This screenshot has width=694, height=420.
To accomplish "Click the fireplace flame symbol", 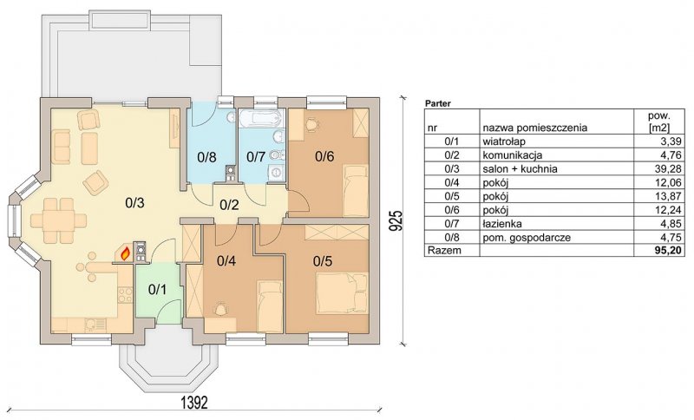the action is tap(126, 253).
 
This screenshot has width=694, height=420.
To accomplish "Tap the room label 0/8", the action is tap(206, 157).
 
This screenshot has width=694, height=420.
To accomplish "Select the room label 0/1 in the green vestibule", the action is tap(157, 290).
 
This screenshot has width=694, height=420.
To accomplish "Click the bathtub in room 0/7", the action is tap(259, 118).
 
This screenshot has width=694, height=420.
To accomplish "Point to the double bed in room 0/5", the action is tap(341, 293).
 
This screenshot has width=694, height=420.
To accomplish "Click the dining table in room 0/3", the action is tap(58, 220).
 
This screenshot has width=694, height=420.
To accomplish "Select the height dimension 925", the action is tap(397, 220).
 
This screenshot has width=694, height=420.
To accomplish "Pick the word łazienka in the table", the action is tap(502, 224).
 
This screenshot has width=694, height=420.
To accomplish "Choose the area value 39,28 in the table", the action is tap(671, 168).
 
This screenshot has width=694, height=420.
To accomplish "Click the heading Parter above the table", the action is tap(438, 104).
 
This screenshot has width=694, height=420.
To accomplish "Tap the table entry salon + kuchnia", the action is tap(520, 168).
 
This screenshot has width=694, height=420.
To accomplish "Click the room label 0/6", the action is tap(324, 156).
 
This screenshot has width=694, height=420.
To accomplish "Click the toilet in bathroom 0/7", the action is tap(276, 155).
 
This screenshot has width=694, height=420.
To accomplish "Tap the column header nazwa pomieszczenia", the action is tap(534, 128).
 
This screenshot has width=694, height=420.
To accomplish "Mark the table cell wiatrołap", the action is tap(504, 141).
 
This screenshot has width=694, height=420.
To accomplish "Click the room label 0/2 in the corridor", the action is tap(229, 205).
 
